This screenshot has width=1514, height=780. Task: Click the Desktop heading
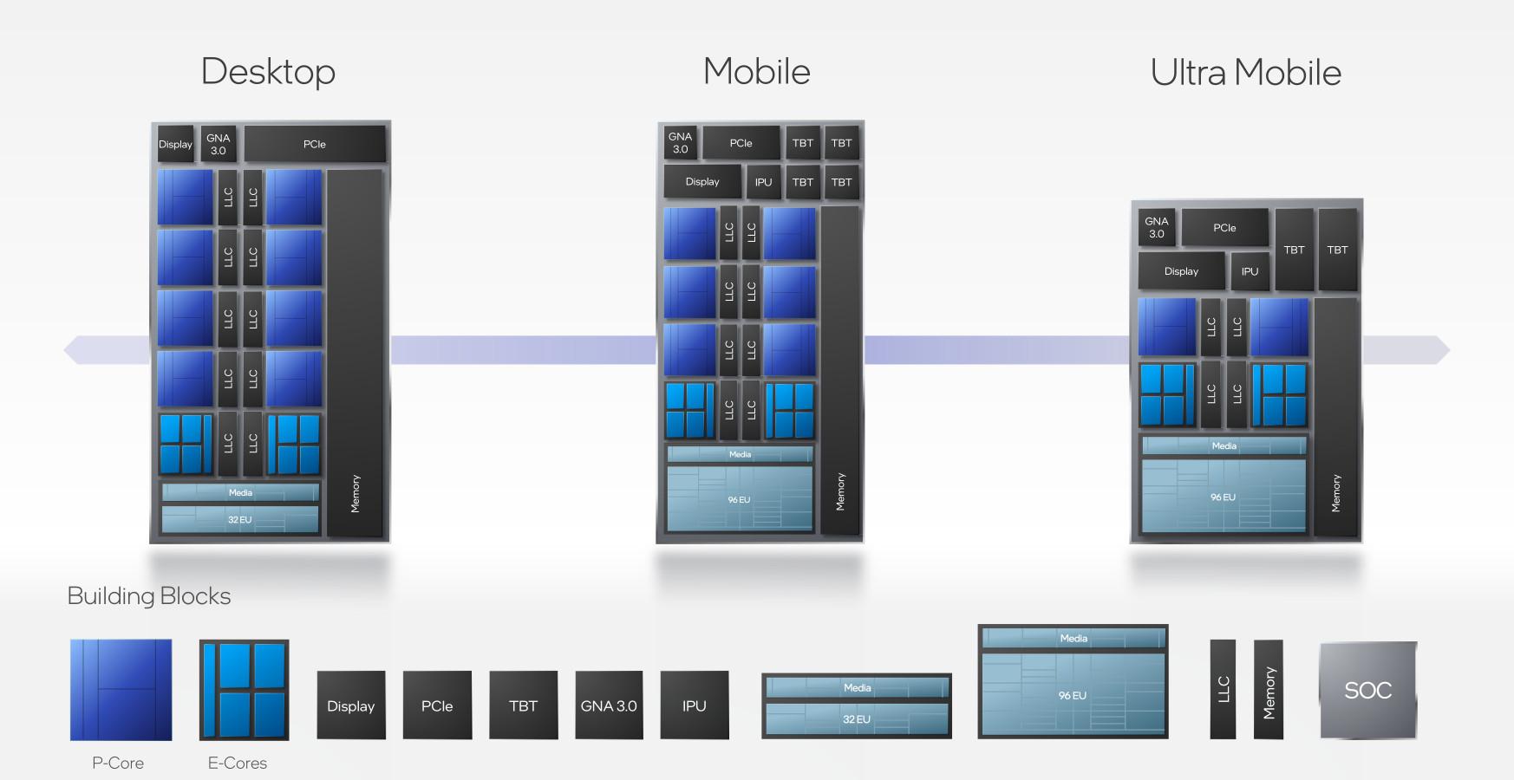point(268,72)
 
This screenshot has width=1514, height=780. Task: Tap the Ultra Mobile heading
point(1245,73)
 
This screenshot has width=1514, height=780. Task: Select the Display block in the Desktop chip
point(175,145)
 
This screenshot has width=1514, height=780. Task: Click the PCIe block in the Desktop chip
point(315,145)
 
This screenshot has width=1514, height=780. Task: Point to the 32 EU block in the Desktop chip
point(240,520)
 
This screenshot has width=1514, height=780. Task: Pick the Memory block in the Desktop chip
point(355,353)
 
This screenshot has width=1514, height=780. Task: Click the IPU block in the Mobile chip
point(763,182)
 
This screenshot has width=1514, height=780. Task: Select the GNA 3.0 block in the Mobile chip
point(681,143)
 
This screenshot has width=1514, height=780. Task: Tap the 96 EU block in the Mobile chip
point(740,499)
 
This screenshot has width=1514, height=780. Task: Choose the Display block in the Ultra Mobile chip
point(1181,271)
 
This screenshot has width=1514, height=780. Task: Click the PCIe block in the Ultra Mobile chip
point(1224,228)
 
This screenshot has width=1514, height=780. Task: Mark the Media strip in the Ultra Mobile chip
point(1224,445)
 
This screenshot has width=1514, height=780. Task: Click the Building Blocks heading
point(149,596)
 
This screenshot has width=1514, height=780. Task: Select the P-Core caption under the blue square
point(118,763)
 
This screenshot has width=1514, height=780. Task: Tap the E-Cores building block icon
point(244,690)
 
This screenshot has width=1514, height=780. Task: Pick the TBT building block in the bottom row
point(523,705)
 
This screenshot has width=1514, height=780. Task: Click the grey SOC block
point(1367,690)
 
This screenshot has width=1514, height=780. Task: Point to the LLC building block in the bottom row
point(1223,690)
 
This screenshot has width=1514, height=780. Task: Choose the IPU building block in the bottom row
point(694,705)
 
